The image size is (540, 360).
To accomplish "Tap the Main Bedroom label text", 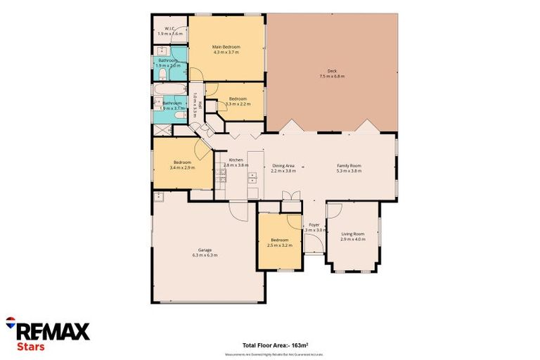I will click(226, 46).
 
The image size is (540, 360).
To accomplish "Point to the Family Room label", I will click(349, 165).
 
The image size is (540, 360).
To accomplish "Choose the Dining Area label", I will click(283, 165).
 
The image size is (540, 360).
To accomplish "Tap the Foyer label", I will click(314, 225).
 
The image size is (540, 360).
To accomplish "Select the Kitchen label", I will click(236, 160).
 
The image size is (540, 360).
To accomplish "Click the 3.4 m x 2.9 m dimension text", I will click(182, 168).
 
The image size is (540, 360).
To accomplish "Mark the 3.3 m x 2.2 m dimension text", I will click(237, 104).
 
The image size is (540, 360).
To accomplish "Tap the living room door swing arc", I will click(335, 211).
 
